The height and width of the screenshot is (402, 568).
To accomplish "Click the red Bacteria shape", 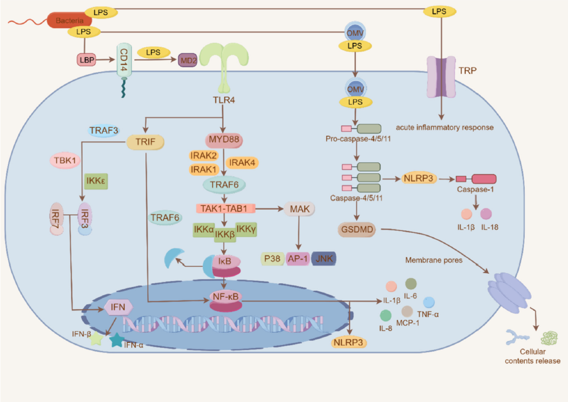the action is (x=69, y=20).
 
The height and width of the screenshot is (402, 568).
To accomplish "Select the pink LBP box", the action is (x=86, y=60).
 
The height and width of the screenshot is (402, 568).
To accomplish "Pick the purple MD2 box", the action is (x=188, y=60).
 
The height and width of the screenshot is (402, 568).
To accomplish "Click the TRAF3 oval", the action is (x=104, y=130).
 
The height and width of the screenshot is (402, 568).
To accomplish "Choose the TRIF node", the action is (x=145, y=142).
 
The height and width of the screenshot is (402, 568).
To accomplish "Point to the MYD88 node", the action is (x=224, y=139).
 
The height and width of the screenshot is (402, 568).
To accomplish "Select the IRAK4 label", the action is (x=242, y=163).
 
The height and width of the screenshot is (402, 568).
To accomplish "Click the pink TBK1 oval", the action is (x=65, y=160).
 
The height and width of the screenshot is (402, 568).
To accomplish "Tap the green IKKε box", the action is (x=96, y=181).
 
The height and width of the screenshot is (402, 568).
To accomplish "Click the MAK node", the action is (x=299, y=209).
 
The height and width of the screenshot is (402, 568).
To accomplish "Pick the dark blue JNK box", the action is (x=324, y=259).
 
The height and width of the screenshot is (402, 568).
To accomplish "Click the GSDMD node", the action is (x=357, y=230).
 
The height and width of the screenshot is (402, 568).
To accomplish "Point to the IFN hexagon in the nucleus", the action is (x=119, y=307).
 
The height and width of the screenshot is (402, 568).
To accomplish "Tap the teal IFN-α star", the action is (x=117, y=340).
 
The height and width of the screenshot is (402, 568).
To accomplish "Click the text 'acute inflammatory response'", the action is (x=445, y=127).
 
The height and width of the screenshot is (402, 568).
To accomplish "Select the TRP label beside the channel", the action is (x=468, y=71).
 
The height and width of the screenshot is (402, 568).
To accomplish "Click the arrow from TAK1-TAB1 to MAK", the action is (x=269, y=209).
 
